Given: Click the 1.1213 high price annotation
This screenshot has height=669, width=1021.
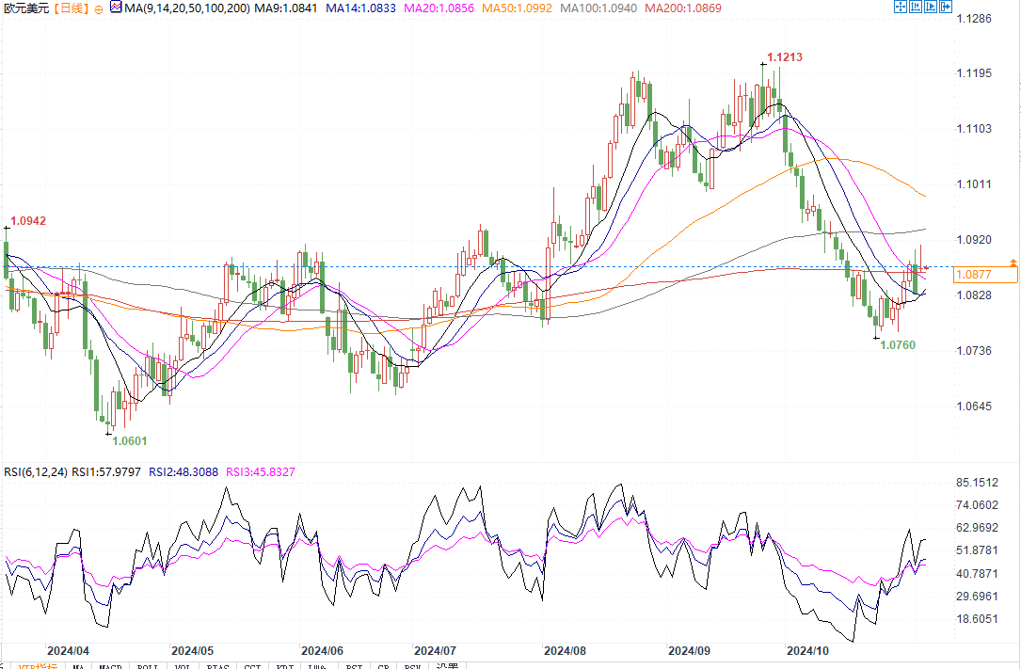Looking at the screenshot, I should [x=784, y=57].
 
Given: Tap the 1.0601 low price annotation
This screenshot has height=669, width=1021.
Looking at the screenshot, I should [x=130, y=440].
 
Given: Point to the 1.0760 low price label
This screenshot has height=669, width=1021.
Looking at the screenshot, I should [x=897, y=345].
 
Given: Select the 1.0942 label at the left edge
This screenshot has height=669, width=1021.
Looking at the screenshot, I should [x=27, y=220].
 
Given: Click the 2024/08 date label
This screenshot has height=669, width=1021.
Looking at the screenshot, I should [x=566, y=650].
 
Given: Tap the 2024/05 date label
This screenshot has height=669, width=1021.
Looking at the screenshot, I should [x=193, y=650].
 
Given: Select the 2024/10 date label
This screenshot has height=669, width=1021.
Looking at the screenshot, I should [x=808, y=650].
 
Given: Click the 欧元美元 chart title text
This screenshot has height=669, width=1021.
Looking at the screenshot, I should [x=25, y=8].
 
